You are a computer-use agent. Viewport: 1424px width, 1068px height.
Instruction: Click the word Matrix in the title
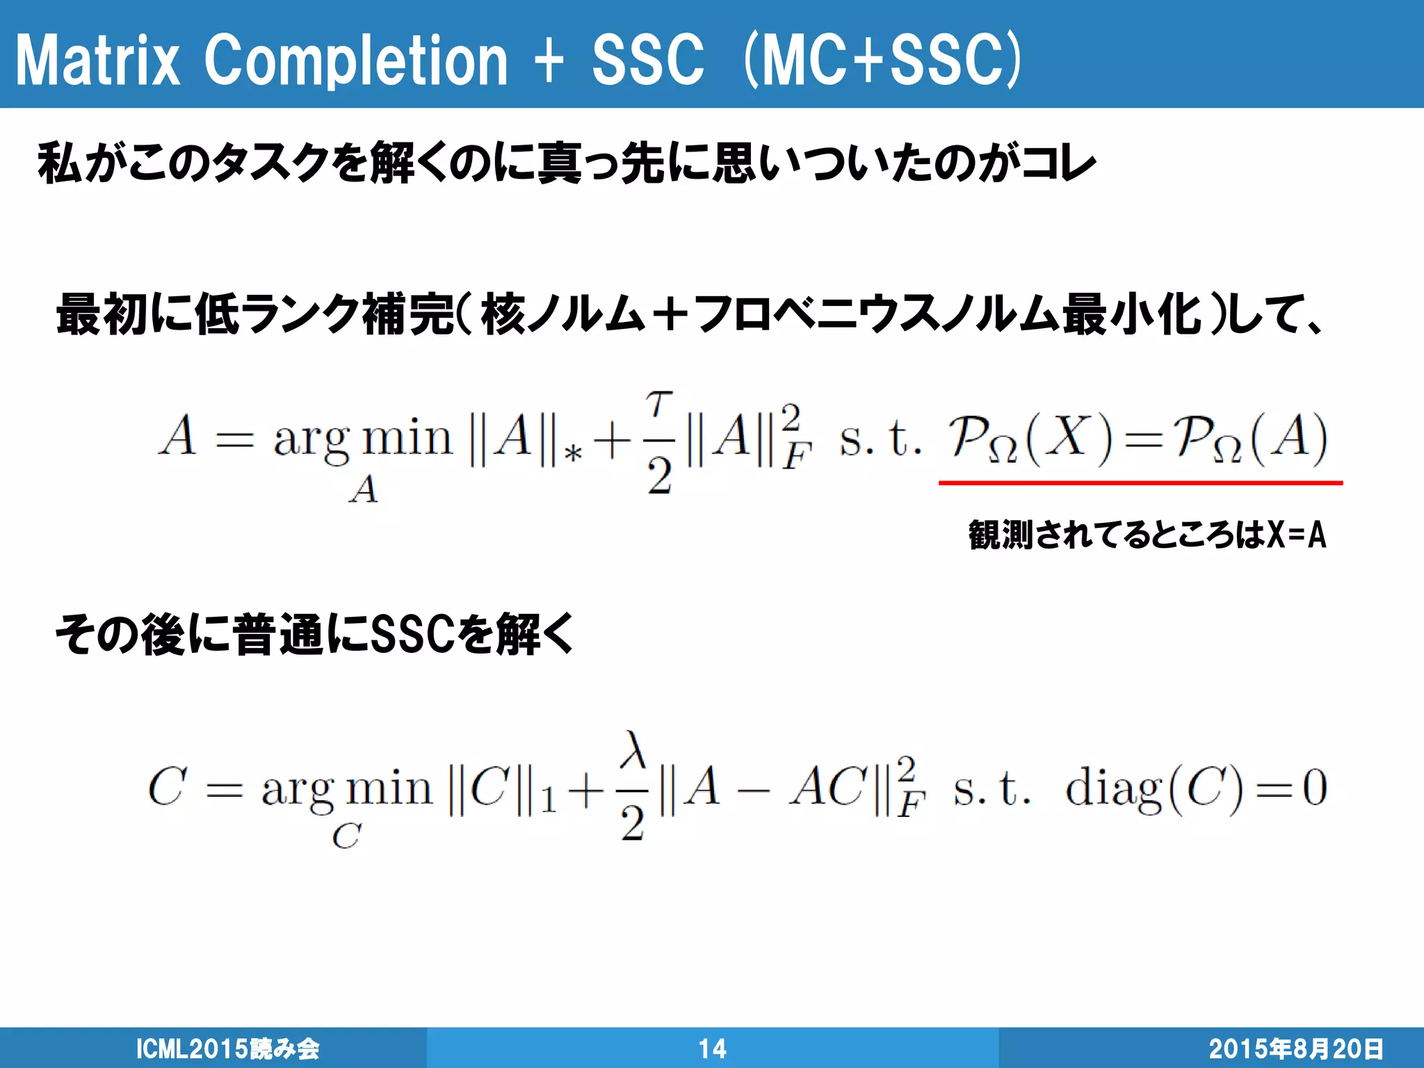pyautogui.click(x=97, y=61)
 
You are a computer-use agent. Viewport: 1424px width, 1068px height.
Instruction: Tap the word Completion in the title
pyautogui.click(x=356, y=61)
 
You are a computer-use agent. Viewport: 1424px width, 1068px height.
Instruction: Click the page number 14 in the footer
pyautogui.click(x=712, y=1049)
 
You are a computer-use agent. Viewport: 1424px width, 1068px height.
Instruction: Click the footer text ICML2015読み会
pyautogui.click(x=227, y=1049)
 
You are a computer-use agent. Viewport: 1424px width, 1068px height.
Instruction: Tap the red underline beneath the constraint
pyautogui.click(x=1140, y=482)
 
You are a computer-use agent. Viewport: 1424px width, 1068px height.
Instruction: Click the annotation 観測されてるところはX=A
pyautogui.click(x=1147, y=535)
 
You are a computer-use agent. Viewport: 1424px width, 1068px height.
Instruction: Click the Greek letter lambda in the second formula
pyautogui.click(x=633, y=750)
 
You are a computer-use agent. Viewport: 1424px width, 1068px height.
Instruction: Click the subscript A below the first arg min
pyautogui.click(x=364, y=489)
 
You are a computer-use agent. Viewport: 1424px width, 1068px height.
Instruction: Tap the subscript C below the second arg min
pyautogui.click(x=346, y=836)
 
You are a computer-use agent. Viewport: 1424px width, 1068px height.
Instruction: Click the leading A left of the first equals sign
pyautogui.click(x=178, y=436)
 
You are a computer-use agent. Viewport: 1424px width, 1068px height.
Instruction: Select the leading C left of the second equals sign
pyautogui.click(x=168, y=786)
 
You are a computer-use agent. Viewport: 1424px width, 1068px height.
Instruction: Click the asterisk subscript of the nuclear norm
pyautogui.click(x=573, y=454)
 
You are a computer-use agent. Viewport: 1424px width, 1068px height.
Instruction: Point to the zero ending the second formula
pyautogui.click(x=1314, y=788)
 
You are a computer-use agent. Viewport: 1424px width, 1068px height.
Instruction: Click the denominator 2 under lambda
pyautogui.click(x=633, y=825)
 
